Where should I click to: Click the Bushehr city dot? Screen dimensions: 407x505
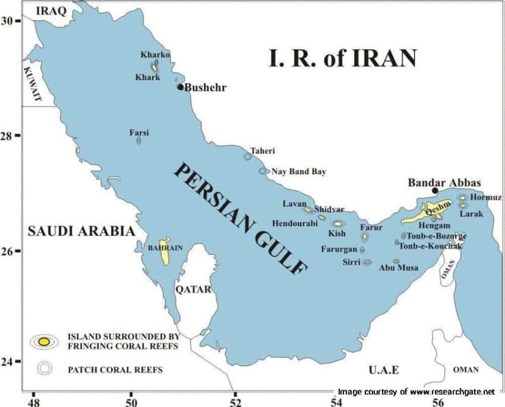[x=180, y=87]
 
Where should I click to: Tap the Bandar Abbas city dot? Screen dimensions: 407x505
[x=435, y=191]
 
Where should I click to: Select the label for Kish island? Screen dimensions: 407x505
[x=337, y=233]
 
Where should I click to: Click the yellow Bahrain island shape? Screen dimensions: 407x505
[x=165, y=251]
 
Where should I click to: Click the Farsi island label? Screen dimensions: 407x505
[x=139, y=133]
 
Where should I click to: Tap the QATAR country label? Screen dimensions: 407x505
[x=192, y=290]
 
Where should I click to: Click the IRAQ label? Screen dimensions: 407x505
[x=51, y=10]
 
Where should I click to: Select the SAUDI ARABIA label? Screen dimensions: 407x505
[x=81, y=232]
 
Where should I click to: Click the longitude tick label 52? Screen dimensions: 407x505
[x=235, y=400]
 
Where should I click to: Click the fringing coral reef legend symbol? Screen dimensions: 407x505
[x=44, y=341]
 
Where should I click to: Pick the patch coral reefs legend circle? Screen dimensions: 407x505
[x=44, y=369]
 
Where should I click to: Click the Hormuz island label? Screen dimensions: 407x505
[x=486, y=198]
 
